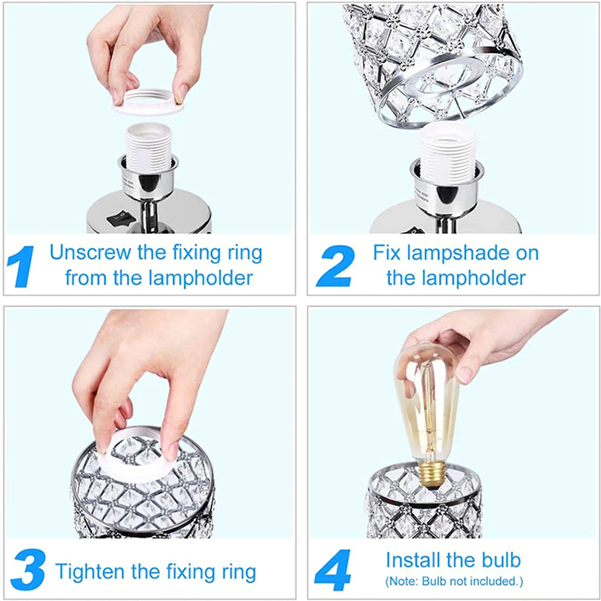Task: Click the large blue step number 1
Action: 21,267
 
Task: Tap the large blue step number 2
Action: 335,266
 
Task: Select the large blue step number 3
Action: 28,570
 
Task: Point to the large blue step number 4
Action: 333,570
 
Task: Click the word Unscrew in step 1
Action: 91,253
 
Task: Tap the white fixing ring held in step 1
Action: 148,101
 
